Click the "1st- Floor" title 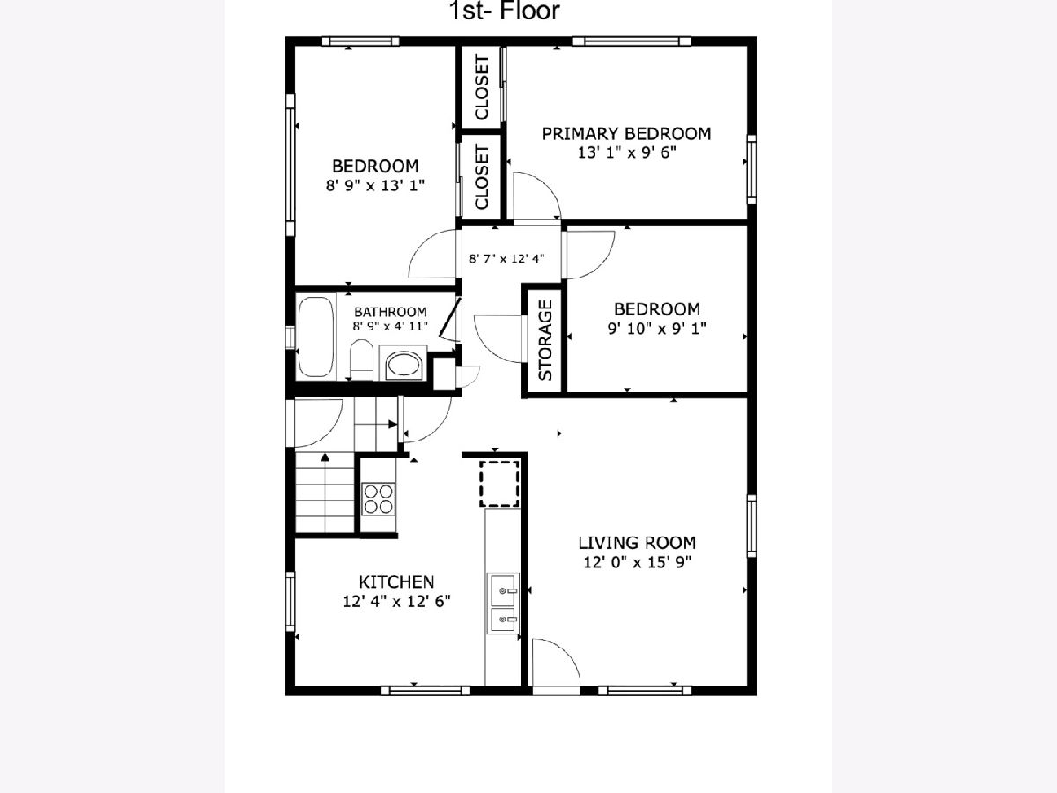tap(504, 11)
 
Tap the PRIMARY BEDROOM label tap(626, 133)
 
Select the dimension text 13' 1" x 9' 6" tap(626, 152)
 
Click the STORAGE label tap(544, 340)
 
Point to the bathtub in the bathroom tap(316, 337)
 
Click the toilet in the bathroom tap(361, 359)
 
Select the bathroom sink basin tap(403, 364)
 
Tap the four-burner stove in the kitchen tap(379, 500)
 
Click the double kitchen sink tap(503, 604)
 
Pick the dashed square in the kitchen tap(499, 484)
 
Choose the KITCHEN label tap(396, 582)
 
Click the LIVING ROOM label tap(637, 543)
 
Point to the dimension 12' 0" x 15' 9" tap(637, 562)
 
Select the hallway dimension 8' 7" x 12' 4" tap(507, 258)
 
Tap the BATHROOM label tap(390, 312)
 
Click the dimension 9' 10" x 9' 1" tap(657, 329)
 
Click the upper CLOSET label tap(482, 86)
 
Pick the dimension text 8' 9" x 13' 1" tap(375, 185)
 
